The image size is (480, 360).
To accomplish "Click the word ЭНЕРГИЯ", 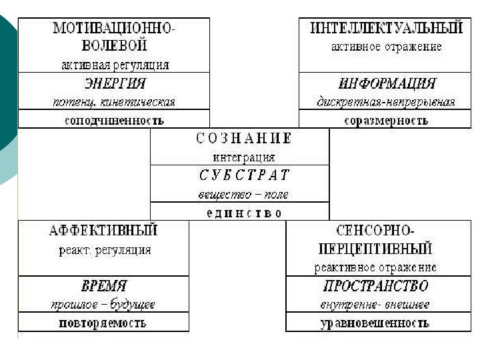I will [114, 84].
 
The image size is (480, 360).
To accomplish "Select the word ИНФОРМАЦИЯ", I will [387, 84].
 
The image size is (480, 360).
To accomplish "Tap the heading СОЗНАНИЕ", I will [244, 139].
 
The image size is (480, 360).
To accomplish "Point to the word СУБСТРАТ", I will [244, 176].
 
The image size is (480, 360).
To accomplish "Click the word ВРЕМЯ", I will [103, 286].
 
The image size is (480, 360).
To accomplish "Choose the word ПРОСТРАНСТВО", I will [375, 286].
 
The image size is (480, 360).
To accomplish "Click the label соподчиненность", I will [114, 121].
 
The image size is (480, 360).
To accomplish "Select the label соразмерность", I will [386, 121].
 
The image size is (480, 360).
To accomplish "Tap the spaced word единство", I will [241, 213].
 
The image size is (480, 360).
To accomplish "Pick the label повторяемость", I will [103, 323].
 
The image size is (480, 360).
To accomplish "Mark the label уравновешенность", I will [375, 323].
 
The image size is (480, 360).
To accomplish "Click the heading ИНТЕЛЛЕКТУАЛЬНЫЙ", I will [387, 29].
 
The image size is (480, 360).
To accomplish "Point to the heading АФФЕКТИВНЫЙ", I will [103, 231].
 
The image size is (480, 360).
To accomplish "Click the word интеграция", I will [243, 158].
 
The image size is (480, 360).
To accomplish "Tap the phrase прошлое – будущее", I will [103, 305].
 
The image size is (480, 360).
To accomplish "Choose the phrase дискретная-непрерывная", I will [386, 102].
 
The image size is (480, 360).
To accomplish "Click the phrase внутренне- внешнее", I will [375, 305].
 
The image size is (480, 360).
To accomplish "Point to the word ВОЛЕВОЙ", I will [114, 46].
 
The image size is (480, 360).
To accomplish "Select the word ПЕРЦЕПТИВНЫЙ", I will [375, 249].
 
